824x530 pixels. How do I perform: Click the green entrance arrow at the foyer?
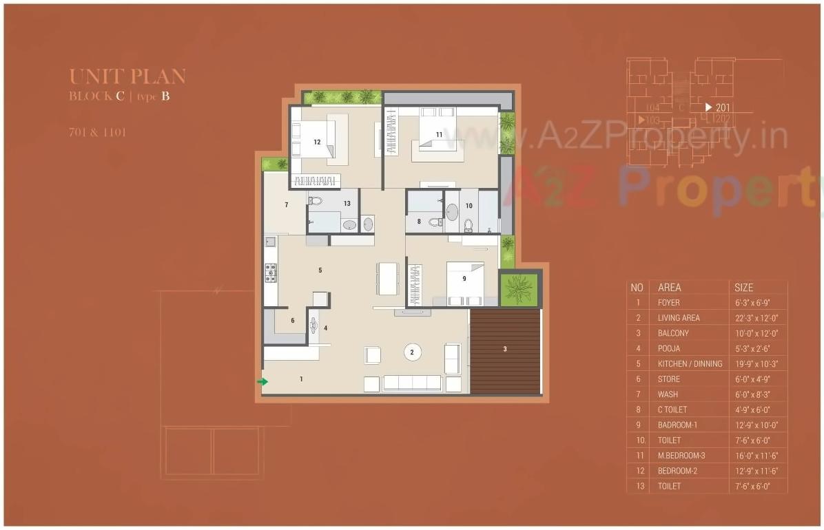[x=262, y=381]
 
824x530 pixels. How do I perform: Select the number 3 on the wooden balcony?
[x=505, y=350]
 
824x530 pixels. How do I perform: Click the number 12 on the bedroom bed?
[x=317, y=142]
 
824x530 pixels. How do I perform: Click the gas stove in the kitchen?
[x=271, y=273]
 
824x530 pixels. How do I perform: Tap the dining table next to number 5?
[x=387, y=277]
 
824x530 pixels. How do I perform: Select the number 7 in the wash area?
[x=286, y=205]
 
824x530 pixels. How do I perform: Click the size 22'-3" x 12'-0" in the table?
[x=756, y=318]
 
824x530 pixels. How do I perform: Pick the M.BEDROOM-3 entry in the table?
[x=681, y=456]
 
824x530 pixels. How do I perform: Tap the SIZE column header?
[x=744, y=288]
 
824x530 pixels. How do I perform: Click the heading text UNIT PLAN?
[x=127, y=76]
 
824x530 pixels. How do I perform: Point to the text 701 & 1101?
[x=97, y=132]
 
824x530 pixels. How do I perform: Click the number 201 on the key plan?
[x=722, y=107]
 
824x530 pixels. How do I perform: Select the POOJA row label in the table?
[x=668, y=348]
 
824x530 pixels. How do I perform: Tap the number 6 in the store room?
[x=292, y=321]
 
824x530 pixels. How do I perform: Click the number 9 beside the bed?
[x=464, y=279]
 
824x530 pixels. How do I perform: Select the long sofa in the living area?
[x=412, y=383]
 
